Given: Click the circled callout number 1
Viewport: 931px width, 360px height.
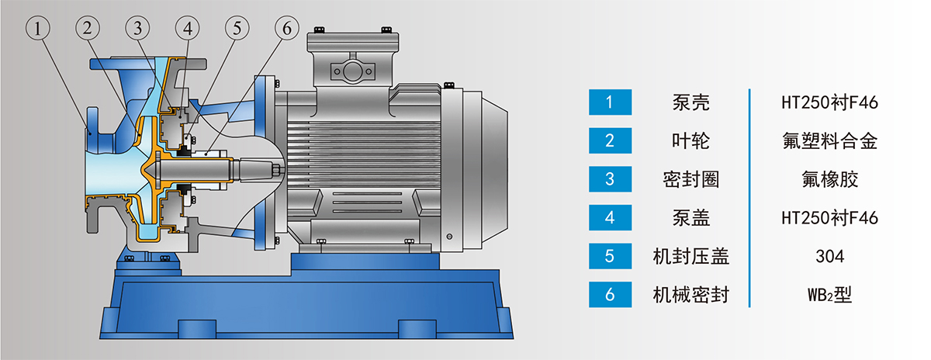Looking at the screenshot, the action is point(38,28).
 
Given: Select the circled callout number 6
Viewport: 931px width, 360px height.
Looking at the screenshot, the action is point(287,28).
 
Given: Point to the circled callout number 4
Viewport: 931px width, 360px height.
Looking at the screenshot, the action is point(188,28).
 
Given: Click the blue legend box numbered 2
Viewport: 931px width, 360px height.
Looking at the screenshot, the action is point(610,140).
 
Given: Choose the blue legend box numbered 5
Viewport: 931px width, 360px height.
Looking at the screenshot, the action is point(610,256).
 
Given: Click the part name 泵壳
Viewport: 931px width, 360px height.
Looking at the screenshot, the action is point(690,102).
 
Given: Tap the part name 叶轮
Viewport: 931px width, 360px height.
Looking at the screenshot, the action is point(690,140).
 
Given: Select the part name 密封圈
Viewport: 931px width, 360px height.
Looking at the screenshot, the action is point(690,179).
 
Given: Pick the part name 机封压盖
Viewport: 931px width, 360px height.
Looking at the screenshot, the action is point(690,256).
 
